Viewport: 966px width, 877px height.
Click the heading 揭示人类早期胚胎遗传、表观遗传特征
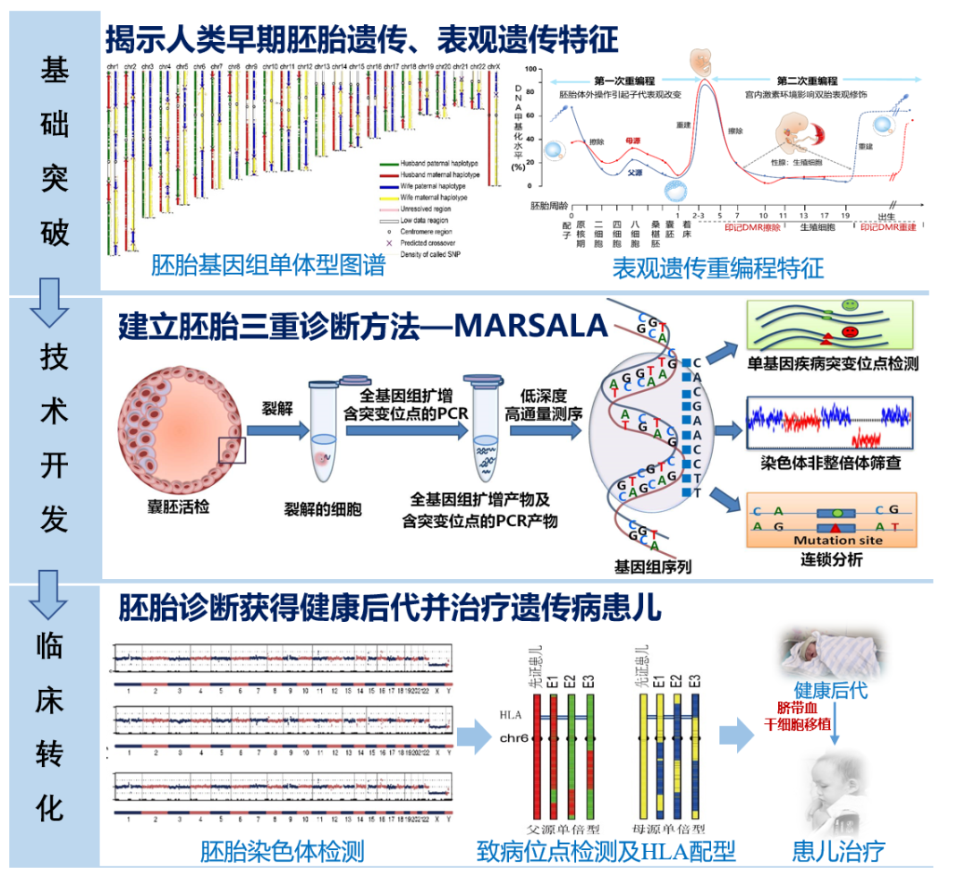[362, 39]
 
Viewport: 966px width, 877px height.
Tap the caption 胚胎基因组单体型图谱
[267, 266]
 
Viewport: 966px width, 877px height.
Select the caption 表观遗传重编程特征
[717, 268]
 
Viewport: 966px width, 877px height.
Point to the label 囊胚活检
[180, 507]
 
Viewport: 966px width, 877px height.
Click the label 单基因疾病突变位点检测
[834, 364]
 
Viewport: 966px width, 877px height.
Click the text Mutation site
[837, 540]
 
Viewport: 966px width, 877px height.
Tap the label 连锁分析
[831, 561]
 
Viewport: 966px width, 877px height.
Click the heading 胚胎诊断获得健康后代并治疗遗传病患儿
[390, 609]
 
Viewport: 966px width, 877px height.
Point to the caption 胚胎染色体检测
[282, 850]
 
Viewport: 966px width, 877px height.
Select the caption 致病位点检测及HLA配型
[606, 850]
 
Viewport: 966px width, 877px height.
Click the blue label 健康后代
[831, 690]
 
